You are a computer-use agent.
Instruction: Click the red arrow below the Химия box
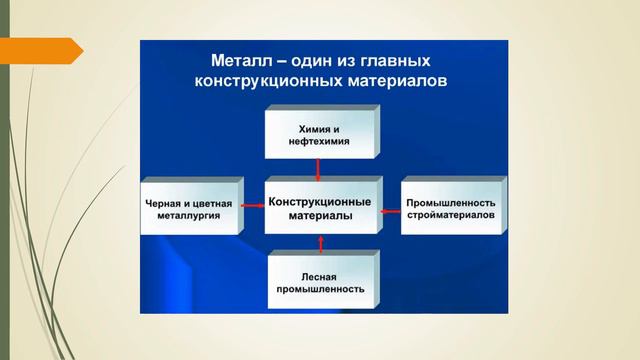point(321,168)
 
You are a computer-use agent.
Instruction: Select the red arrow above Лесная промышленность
point(321,244)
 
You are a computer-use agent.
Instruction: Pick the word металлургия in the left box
point(189,215)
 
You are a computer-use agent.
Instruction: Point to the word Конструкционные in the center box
point(319,200)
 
